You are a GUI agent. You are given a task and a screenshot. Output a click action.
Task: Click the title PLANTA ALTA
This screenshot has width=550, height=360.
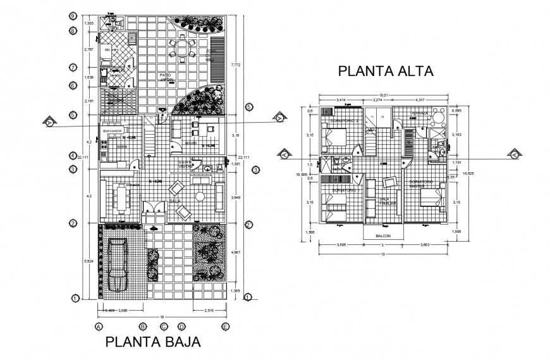coord(386,71)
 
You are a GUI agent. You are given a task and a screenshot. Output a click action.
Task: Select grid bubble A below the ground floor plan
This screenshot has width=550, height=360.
coord(98,326)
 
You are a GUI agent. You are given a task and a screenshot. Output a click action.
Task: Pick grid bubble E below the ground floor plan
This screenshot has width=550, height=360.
coord(225,326)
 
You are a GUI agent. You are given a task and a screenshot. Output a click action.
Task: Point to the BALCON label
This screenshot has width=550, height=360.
coord(381,236)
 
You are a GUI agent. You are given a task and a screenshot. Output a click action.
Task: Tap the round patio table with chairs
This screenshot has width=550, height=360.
coord(183,46)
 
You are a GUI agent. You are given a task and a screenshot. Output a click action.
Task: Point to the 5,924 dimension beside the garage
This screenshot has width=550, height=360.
coord(89,261)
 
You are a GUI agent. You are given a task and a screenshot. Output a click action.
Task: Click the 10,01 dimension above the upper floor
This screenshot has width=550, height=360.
coord(383,96)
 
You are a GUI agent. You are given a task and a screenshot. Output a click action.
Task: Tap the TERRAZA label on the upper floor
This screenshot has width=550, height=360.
coord(419,113)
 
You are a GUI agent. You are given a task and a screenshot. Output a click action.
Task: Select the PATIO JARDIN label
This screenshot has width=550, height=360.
coord(166,77)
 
